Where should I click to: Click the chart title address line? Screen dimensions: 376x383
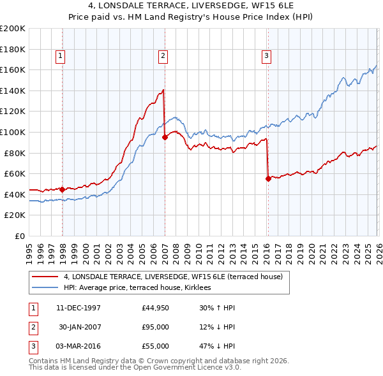[191, 6]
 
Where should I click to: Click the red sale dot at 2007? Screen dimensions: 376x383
[165, 136]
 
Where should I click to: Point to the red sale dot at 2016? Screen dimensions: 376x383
[267, 179]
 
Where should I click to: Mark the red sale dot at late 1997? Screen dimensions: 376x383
[62, 189]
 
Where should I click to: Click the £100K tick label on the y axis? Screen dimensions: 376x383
[13, 132]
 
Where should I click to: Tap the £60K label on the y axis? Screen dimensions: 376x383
[15, 173]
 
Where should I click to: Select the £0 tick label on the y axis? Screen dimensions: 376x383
[20, 236]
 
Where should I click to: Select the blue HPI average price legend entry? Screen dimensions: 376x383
[142, 288]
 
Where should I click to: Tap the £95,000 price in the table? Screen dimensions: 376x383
[156, 327]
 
